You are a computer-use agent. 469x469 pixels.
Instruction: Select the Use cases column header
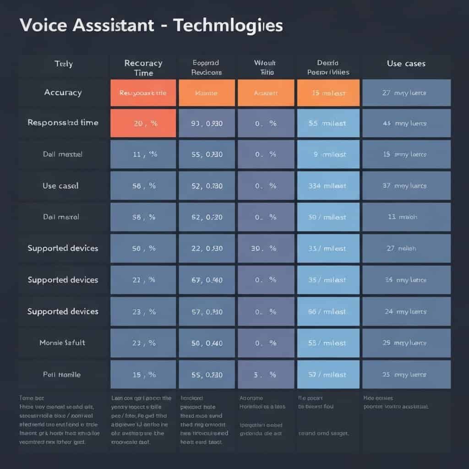[406, 64]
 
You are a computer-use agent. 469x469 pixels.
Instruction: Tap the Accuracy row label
[63, 93]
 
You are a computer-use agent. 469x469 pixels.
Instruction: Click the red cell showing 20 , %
[143, 123]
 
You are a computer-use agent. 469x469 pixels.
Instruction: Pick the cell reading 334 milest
[328, 185]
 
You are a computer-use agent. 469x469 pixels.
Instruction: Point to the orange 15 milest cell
[328, 93]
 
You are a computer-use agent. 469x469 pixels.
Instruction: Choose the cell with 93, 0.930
[207, 123]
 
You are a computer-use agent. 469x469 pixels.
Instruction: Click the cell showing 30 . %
[265, 248]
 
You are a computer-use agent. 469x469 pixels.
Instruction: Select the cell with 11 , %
[143, 154]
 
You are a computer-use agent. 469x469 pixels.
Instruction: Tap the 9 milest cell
[328, 154]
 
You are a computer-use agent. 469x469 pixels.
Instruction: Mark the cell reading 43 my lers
[406, 123]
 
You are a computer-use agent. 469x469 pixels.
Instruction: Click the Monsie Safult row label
[63, 343]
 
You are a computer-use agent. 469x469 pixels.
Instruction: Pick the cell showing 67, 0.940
[207, 280]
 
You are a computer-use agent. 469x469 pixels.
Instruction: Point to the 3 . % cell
[265, 374]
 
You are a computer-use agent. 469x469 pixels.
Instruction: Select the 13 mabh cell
[406, 217]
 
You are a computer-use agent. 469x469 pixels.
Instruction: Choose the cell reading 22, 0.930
[207, 248]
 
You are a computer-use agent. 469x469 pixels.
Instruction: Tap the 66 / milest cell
[328, 311]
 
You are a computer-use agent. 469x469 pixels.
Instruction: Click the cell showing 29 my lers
[406, 343]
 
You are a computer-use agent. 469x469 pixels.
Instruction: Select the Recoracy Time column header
[143, 68]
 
